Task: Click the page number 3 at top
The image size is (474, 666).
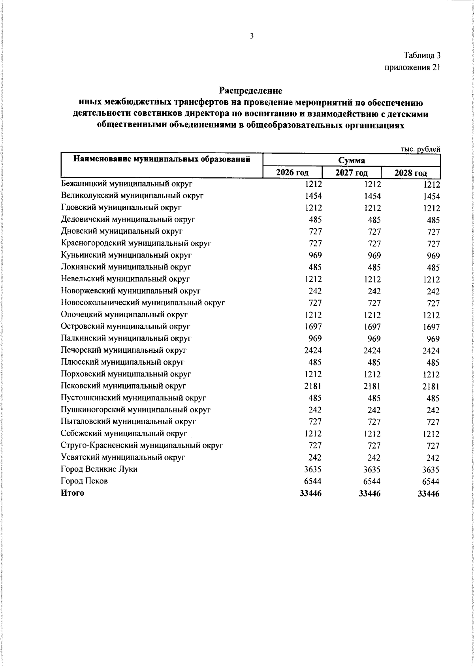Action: pyautogui.click(x=252, y=36)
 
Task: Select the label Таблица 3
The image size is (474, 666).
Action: pyautogui.click(x=421, y=55)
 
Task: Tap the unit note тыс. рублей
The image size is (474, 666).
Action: pyautogui.click(x=420, y=149)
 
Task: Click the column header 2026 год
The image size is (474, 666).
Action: pyautogui.click(x=292, y=173)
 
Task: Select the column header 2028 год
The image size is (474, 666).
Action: pyautogui.click(x=411, y=173)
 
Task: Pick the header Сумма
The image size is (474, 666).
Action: pyautogui.click(x=352, y=160)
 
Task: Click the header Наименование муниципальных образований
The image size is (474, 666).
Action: pyautogui.click(x=162, y=160)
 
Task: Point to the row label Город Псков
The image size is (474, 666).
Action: pyautogui.click(x=84, y=481)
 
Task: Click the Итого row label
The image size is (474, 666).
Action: pyautogui.click(x=72, y=493)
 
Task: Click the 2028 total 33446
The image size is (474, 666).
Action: pyautogui.click(x=428, y=493)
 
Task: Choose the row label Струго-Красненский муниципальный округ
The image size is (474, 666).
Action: pyautogui.click(x=142, y=446)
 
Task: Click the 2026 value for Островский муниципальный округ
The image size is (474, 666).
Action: pyautogui.click(x=313, y=327)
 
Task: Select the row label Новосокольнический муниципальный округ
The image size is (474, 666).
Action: pyautogui.click(x=143, y=303)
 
